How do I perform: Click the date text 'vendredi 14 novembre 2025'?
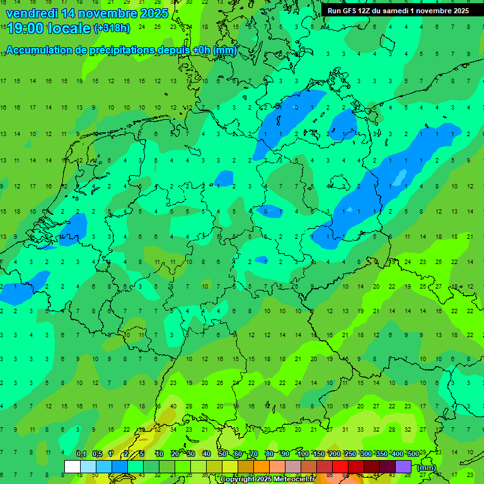87,13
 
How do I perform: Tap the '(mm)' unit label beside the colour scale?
427,468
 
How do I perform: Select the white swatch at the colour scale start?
72,467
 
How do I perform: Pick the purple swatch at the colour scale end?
403,467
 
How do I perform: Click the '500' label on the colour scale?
413,454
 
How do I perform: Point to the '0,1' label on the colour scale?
81,454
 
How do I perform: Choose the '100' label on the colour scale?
302,454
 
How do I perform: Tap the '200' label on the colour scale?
334,454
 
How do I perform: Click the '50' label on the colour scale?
222,454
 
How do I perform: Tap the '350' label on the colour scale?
381,454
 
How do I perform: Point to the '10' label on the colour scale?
159,454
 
